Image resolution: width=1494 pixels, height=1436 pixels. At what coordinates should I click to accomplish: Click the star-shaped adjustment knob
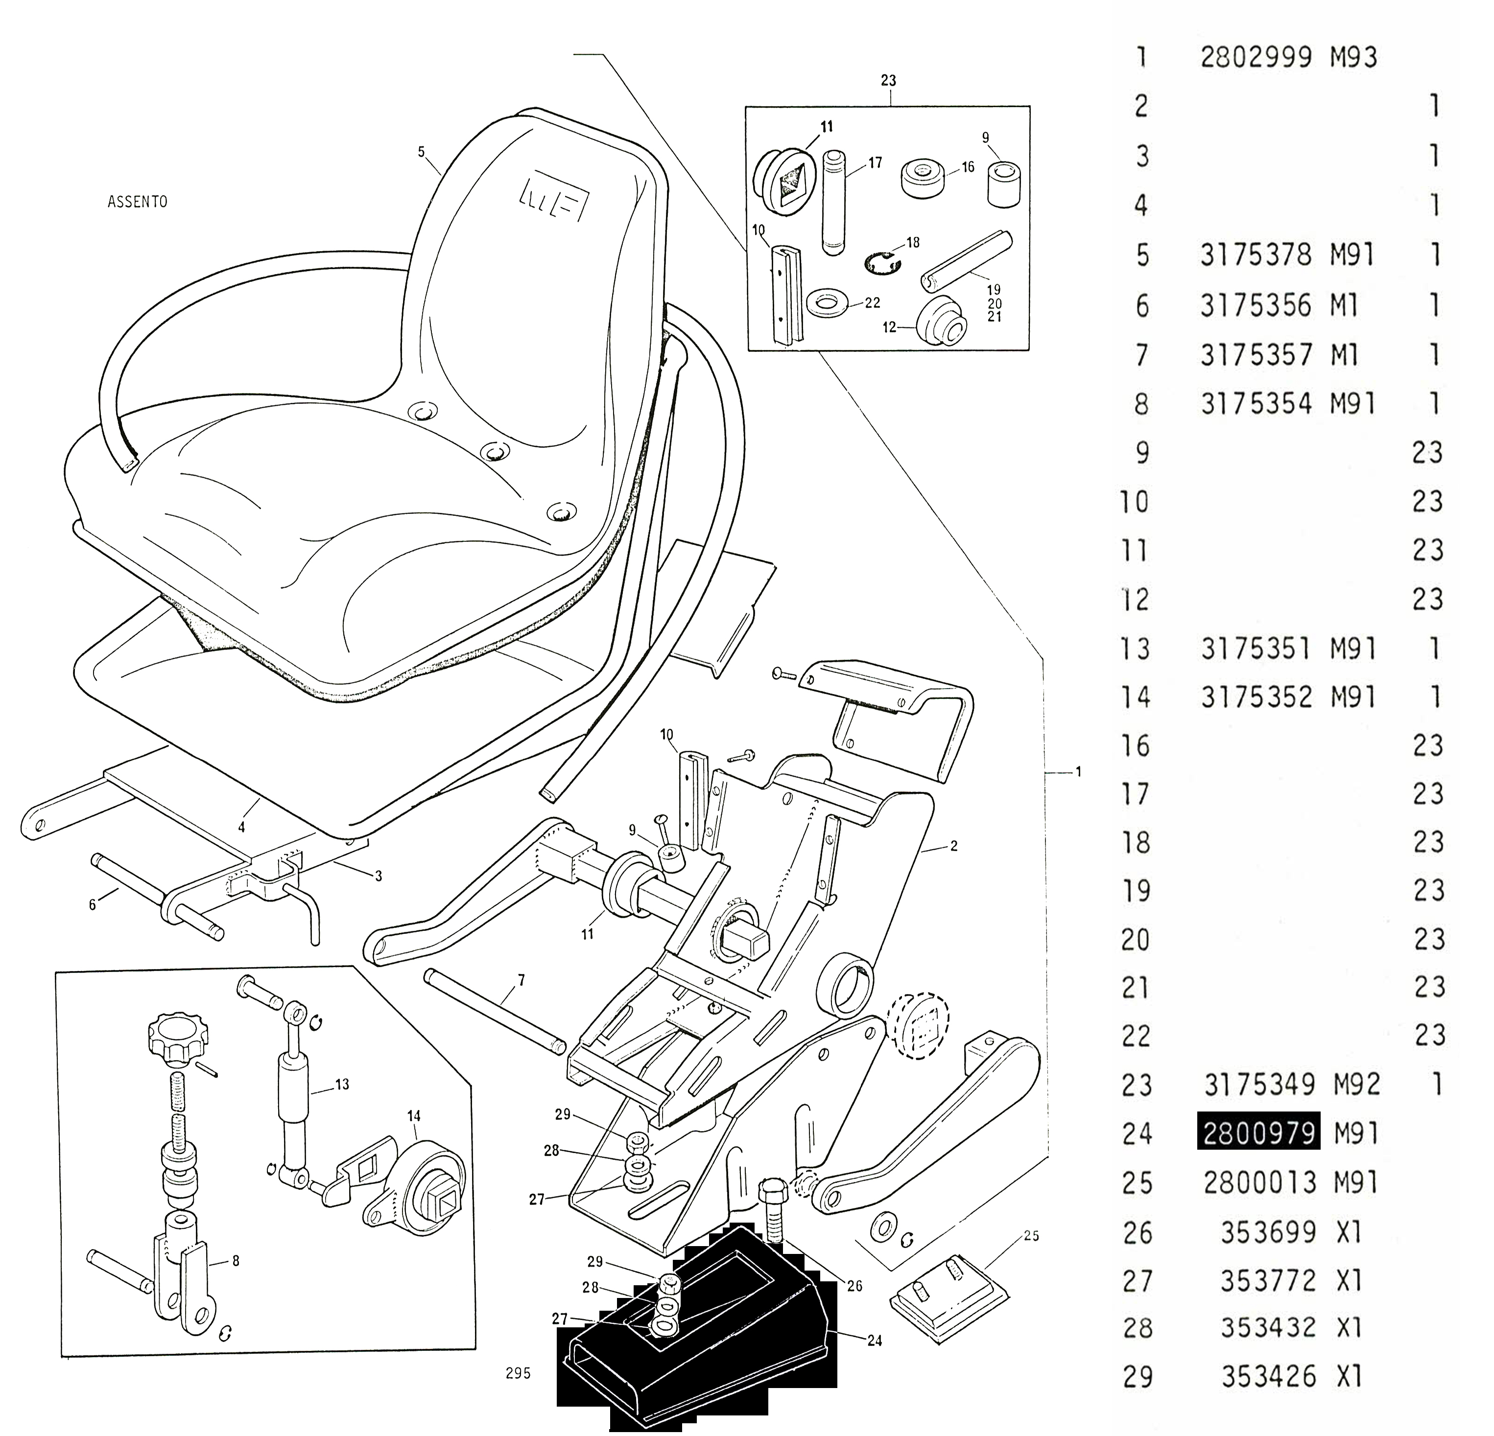click(174, 1039)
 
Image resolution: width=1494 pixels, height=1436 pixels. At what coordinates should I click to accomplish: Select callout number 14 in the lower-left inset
click(413, 1115)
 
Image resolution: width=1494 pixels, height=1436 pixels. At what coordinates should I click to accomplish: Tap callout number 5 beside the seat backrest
click(422, 152)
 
